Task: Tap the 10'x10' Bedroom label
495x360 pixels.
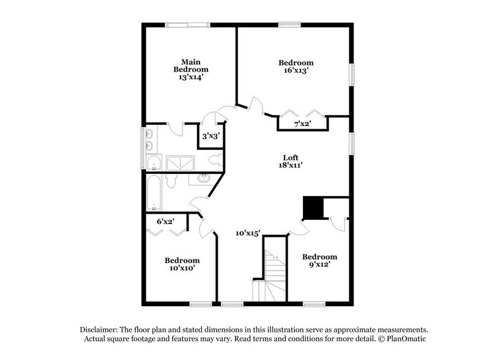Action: [182, 264]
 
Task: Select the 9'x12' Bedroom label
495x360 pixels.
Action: [319, 260]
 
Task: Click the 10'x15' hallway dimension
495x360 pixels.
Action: [248, 233]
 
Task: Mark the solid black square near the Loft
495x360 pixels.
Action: [313, 208]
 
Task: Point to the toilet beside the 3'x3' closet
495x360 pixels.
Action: [214, 160]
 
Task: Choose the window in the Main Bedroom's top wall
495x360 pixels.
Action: [187, 24]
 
